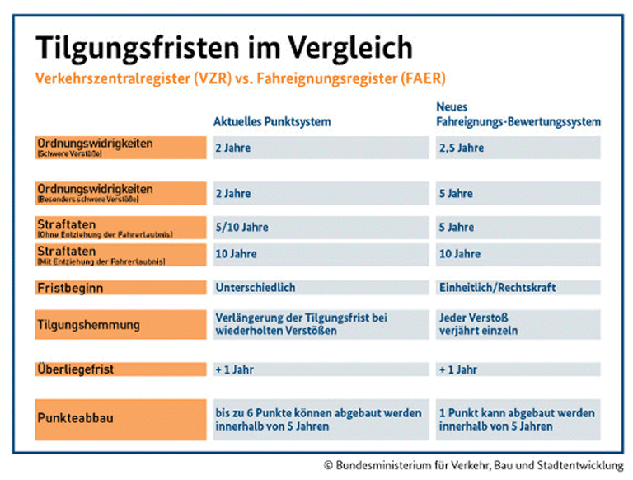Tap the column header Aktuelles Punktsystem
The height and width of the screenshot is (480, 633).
pos(272,121)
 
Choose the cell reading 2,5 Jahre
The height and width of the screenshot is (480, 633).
pos(518,148)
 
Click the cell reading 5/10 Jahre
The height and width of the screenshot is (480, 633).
pos(317,227)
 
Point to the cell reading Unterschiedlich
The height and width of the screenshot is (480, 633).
pos(317,288)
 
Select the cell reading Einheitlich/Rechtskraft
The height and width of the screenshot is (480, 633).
pos(518,288)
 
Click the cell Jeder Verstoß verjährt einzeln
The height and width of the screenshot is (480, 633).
pos(518,325)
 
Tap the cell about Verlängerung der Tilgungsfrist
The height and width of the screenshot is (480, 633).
pos(317,325)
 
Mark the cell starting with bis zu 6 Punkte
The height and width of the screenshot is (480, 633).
pos(317,419)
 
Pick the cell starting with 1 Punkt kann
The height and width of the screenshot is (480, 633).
pos(518,419)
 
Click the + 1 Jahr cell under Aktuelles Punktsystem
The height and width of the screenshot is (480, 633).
pos(317,369)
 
